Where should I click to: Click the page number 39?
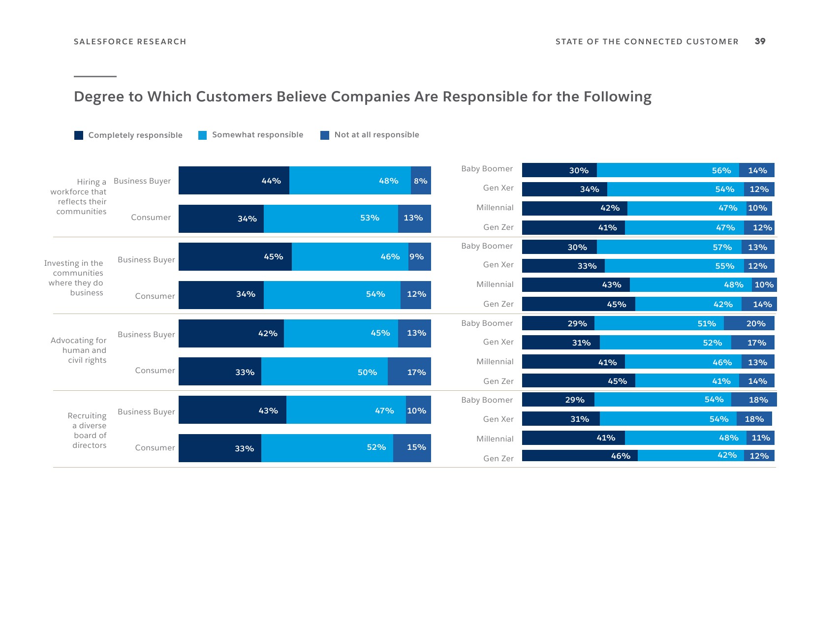pyautogui.click(x=760, y=41)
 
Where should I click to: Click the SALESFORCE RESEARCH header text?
pyautogui.click(x=130, y=42)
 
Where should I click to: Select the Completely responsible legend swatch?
pyautogui.click(x=79, y=135)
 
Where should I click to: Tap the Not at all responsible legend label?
pyautogui.click(x=376, y=135)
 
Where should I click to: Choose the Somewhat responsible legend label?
pyautogui.click(x=257, y=135)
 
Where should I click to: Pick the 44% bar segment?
pyautogui.click(x=234, y=181)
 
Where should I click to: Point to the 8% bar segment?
pyautogui.click(x=421, y=181)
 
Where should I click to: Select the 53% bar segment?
pyautogui.click(x=331, y=219)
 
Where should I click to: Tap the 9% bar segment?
pyautogui.click(x=419, y=256)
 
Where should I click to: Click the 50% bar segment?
pyautogui.click(x=324, y=372)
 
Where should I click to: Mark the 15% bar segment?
pyautogui.click(x=412, y=448)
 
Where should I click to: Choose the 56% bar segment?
pyautogui.click(x=667, y=170)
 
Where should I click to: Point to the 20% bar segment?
pyautogui.click(x=749, y=323)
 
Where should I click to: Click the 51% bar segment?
pyautogui.click(x=659, y=323)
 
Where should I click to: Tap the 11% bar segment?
pyautogui.click(x=760, y=438)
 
